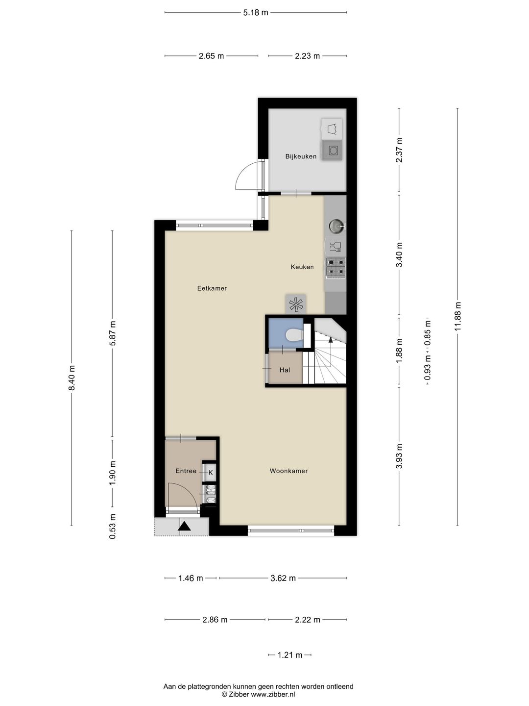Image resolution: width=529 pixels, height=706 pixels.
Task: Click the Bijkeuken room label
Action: [x=301, y=156]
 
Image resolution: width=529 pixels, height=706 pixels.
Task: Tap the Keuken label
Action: [x=302, y=267]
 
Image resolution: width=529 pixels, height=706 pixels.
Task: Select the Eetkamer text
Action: [x=212, y=288]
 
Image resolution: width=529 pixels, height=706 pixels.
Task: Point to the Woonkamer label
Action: [x=289, y=471]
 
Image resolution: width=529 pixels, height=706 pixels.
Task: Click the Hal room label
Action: [x=285, y=370]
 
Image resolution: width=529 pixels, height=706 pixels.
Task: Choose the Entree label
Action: [x=186, y=471]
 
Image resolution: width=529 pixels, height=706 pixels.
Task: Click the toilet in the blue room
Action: [x=294, y=335]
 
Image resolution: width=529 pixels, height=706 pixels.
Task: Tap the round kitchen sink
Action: [x=336, y=226]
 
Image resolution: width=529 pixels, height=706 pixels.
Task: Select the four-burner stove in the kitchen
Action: [x=336, y=267]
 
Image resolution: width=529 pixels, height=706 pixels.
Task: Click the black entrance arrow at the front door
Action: [x=184, y=526]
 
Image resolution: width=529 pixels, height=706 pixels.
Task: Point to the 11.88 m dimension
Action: [x=458, y=316]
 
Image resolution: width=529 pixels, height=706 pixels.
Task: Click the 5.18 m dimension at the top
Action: [x=256, y=12]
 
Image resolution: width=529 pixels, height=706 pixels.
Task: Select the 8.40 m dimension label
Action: [x=72, y=378]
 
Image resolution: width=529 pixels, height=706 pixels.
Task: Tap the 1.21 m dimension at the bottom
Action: [x=290, y=655]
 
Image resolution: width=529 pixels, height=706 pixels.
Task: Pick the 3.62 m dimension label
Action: [x=283, y=578]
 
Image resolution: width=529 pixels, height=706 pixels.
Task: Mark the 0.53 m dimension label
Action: [x=113, y=527]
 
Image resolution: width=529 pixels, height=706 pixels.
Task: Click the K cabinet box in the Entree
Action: [x=210, y=472]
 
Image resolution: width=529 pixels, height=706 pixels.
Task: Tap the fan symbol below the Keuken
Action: [x=296, y=304]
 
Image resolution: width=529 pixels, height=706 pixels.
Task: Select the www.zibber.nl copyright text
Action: [x=258, y=694]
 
